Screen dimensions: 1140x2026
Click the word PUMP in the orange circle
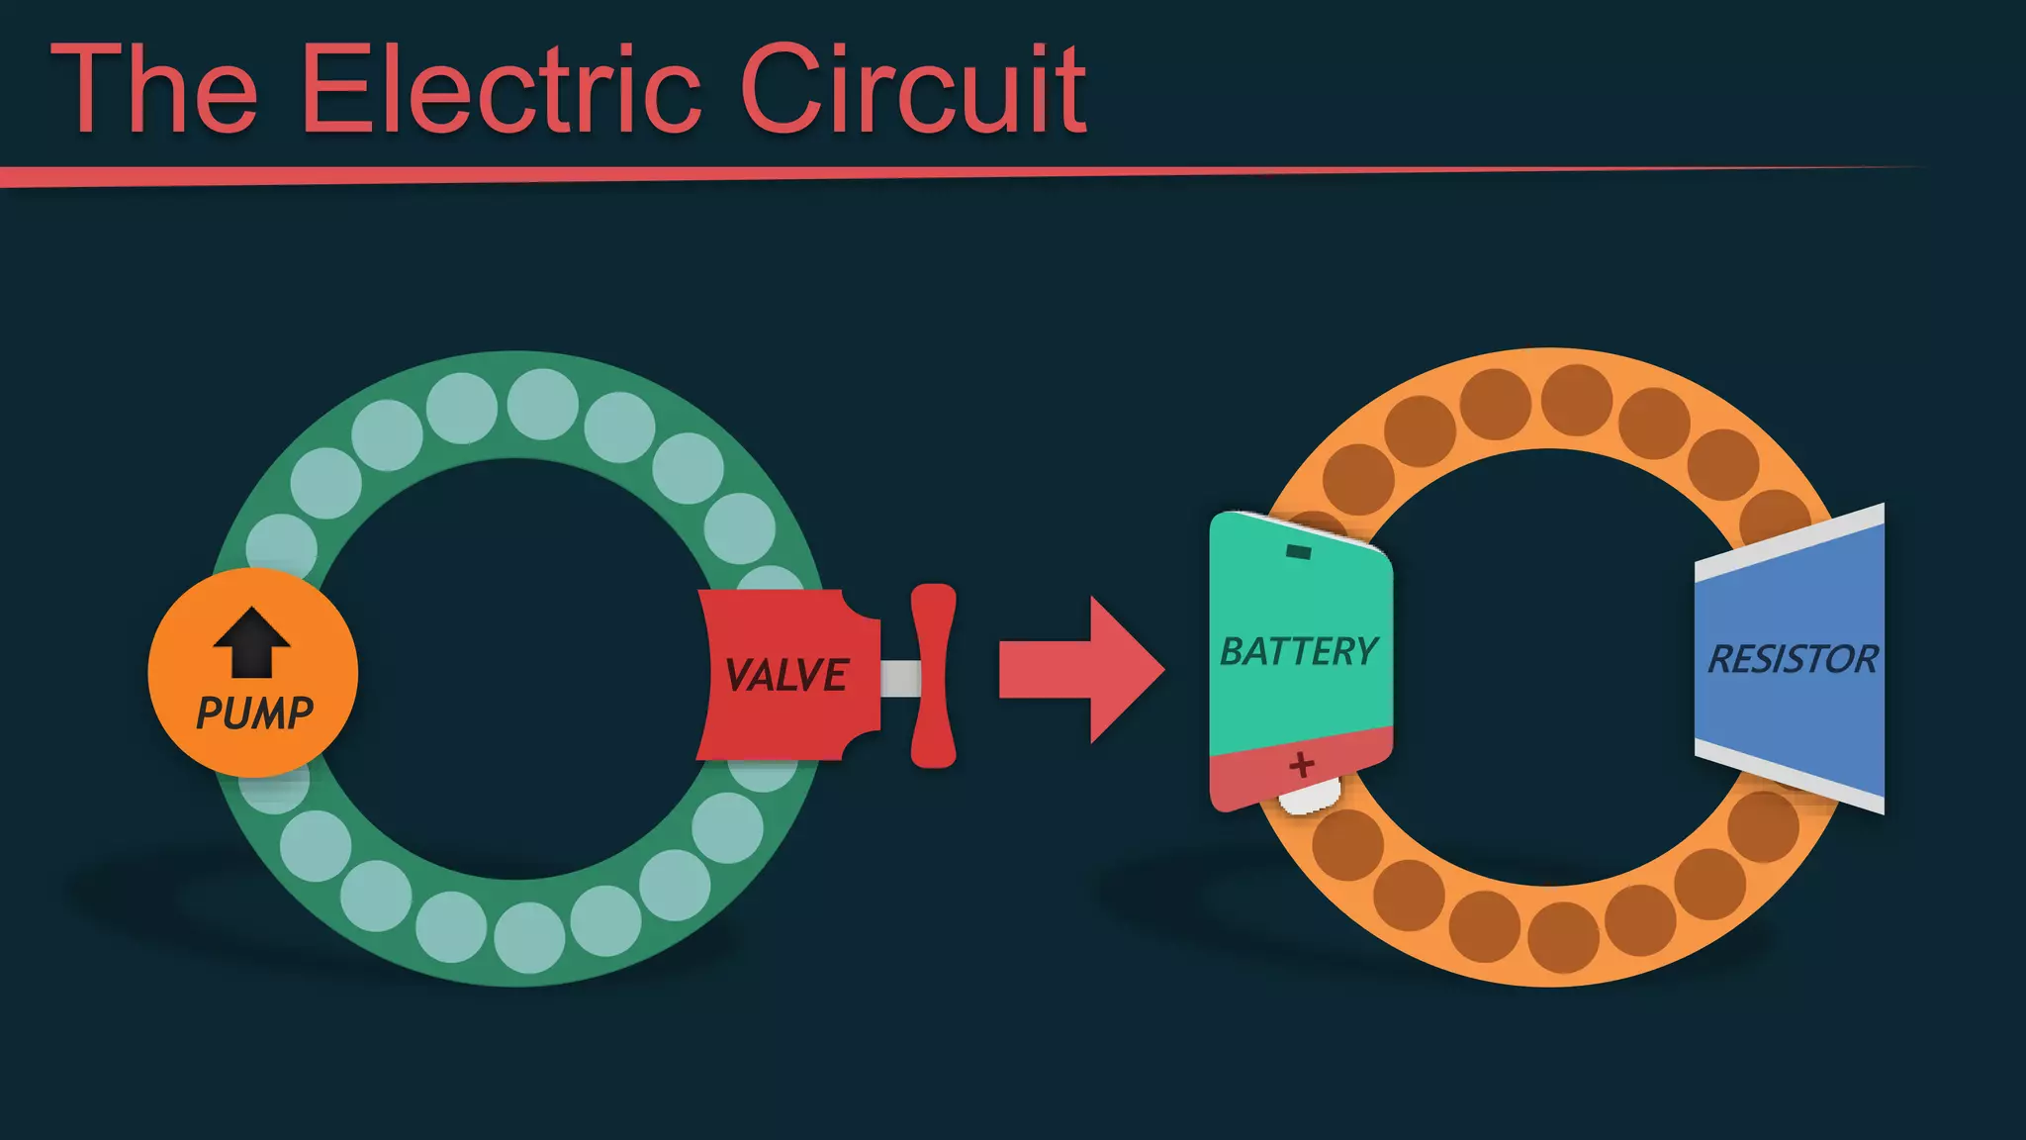pyautogui.click(x=254, y=712)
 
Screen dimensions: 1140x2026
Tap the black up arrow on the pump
pyautogui.click(x=251, y=642)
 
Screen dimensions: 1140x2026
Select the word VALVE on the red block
pyautogui.click(x=786, y=676)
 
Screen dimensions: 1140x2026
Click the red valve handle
pyautogui.click(x=933, y=676)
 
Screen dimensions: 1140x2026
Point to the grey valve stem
pyautogui.click(x=899, y=679)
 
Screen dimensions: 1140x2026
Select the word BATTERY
pyautogui.click(x=1298, y=652)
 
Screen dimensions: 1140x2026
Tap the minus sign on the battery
pyautogui.click(x=1298, y=552)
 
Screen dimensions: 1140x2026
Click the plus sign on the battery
pyautogui.click(x=1302, y=764)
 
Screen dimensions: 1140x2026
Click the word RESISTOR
pyautogui.click(x=1793, y=659)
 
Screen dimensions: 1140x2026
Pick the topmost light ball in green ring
pyautogui.click(x=543, y=404)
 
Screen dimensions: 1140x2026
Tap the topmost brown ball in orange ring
pyautogui.click(x=1577, y=400)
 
